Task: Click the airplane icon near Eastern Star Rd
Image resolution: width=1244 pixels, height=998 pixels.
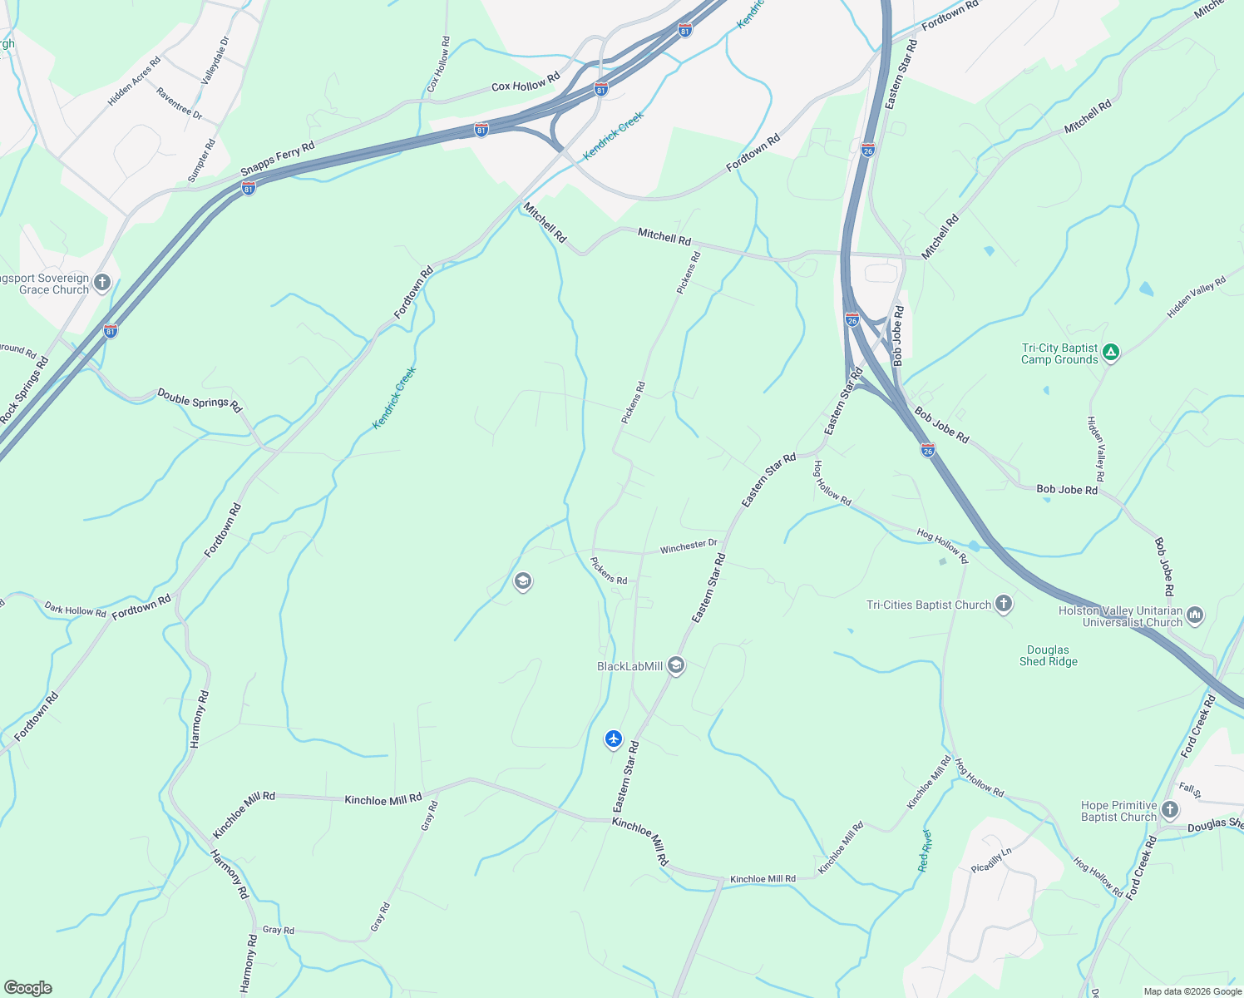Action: coord(614,739)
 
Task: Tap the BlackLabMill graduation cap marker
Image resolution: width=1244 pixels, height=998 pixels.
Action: coord(676,665)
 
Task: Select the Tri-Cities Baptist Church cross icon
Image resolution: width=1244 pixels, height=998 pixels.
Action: coord(1004,605)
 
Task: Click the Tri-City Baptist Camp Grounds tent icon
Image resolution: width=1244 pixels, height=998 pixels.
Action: coord(1111,353)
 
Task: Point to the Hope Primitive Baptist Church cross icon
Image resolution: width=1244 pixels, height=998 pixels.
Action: coord(1170,810)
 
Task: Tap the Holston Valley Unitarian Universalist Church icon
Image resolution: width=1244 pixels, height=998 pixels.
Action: coord(1195,615)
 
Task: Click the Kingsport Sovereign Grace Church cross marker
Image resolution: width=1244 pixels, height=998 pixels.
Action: coord(102,284)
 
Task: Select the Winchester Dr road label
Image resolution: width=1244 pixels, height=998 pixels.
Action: coord(689,546)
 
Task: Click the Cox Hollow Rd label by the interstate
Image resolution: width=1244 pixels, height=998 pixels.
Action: coord(526,85)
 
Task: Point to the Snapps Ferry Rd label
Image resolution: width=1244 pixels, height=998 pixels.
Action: coord(278,159)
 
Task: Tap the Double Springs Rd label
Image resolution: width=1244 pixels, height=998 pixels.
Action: coord(200,400)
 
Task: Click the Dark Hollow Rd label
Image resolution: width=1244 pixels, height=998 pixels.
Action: coord(76,610)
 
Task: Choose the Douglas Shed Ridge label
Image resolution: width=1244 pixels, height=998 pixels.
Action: coord(1048,655)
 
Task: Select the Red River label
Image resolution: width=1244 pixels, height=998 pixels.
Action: coord(926,850)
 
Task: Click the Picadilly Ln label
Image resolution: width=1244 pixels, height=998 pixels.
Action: coord(991,861)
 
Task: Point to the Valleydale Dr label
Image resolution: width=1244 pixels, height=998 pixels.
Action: coord(215,60)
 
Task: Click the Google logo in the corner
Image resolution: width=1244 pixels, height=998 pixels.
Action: coord(28,988)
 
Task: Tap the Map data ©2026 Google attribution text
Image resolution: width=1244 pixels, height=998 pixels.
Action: coord(1192,991)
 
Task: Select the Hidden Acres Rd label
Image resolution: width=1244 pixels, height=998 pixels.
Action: coord(134,81)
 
